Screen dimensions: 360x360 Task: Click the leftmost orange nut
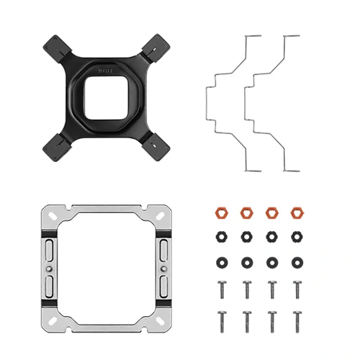[x=221, y=213]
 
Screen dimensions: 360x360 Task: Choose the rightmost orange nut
[x=296, y=213]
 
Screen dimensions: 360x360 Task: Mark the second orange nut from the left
[x=246, y=213]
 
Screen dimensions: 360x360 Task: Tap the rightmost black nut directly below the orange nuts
[x=296, y=236]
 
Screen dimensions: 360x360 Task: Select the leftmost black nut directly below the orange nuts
[x=221, y=236]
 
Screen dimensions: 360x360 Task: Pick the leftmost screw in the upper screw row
[x=221, y=289]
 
